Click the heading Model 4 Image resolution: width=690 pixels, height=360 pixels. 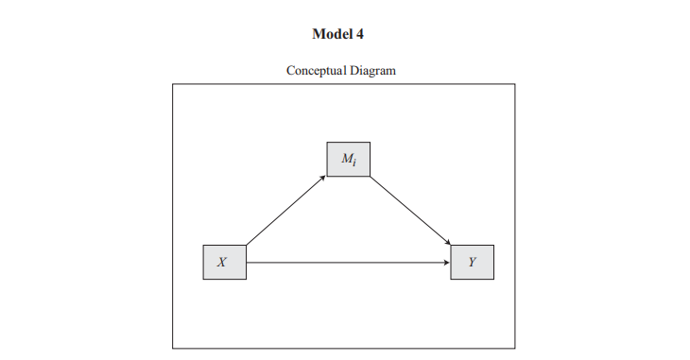(337, 33)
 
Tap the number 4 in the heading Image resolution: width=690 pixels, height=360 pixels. (359, 33)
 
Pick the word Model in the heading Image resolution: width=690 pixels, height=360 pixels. (331, 33)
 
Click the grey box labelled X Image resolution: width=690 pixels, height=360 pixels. (224, 262)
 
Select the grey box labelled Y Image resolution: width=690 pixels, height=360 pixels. (472, 262)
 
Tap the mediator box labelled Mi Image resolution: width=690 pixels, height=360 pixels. (348, 159)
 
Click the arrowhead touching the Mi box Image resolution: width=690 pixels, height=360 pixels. (323, 178)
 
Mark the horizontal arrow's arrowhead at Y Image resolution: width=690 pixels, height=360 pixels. (447, 262)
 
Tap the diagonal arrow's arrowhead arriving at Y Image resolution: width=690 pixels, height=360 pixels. (447, 246)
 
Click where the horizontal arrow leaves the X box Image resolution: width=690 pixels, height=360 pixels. (247, 262)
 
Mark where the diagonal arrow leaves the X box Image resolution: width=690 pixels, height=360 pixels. (247, 245)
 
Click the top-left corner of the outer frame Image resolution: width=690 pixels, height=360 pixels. (172, 84)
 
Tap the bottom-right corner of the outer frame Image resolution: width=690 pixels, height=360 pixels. (515, 348)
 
